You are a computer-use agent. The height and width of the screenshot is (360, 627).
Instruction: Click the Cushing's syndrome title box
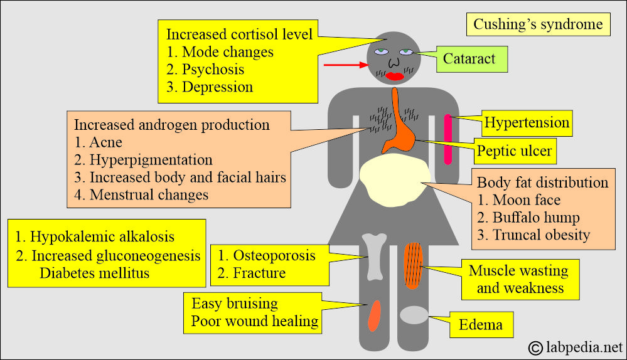point(539,24)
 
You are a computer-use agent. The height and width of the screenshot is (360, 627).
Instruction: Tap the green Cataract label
point(469,60)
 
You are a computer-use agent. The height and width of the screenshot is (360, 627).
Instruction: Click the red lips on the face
point(395,77)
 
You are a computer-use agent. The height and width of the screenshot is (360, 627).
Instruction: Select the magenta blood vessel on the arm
point(447,139)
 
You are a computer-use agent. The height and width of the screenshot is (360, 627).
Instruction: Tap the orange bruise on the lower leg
point(373,315)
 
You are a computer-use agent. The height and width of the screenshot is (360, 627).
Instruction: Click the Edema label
point(481,325)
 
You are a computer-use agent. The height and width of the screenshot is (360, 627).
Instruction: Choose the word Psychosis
point(213,70)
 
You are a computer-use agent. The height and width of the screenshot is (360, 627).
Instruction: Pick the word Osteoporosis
point(274,256)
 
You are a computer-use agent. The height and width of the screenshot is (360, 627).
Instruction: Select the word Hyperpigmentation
point(151,160)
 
